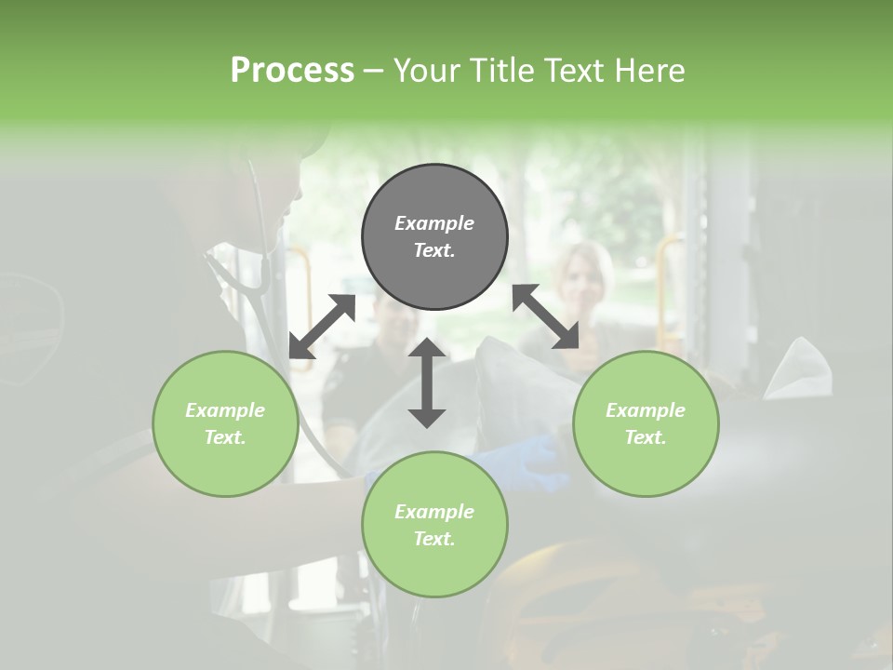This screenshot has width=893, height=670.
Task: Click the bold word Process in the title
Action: [x=292, y=71]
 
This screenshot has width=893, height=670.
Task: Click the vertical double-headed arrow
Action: [x=427, y=382]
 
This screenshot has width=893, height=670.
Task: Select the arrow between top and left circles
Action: [x=323, y=326]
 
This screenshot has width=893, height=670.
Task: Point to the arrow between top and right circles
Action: [x=545, y=316]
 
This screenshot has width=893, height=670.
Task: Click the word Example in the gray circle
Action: [x=434, y=223]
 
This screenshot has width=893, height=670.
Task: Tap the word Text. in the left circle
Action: [x=225, y=437]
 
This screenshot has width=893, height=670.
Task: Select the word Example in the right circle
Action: [x=646, y=410]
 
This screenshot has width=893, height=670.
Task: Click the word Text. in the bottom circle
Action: [x=434, y=539]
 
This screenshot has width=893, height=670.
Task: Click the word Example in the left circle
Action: [x=225, y=410]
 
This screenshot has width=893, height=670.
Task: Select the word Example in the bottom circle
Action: [x=434, y=512]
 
